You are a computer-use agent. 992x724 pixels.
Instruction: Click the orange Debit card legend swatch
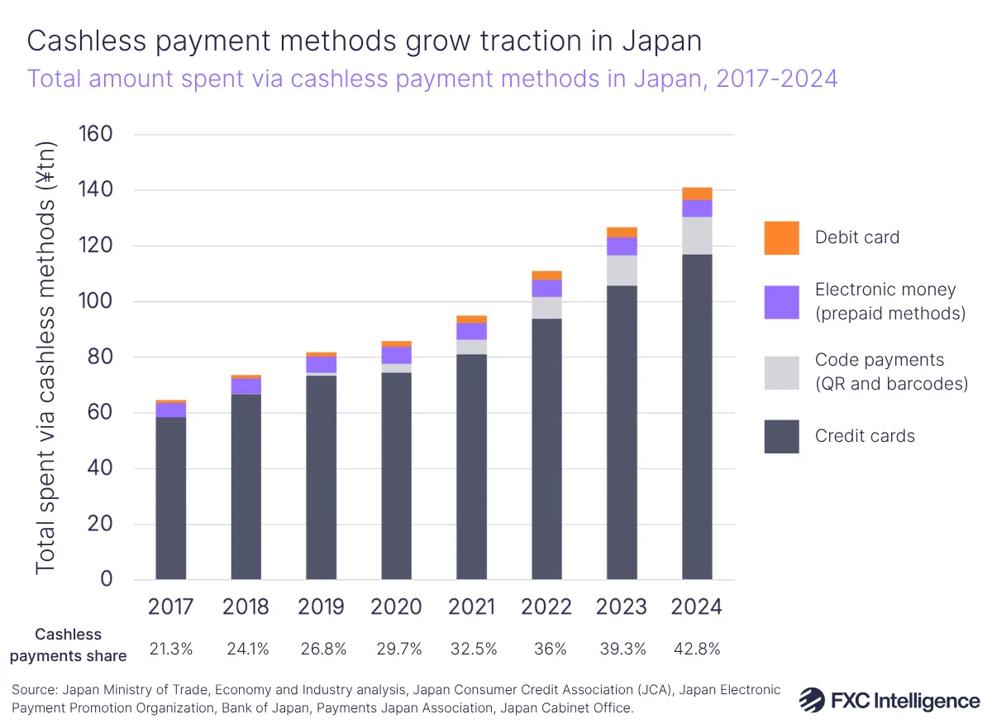781,238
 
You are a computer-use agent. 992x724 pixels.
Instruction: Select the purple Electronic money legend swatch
781,302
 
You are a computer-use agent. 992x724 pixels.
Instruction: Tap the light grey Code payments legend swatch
781,372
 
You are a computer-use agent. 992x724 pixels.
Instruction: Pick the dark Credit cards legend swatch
781,436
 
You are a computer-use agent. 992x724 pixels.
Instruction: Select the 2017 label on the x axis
170,607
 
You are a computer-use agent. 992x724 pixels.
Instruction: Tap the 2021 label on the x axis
471,607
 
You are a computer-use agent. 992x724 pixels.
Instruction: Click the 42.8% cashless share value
697,650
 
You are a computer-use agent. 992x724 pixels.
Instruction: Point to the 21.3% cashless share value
170,650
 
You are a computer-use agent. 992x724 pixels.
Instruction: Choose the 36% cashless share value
546,650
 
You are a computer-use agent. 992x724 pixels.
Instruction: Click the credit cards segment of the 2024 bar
697,414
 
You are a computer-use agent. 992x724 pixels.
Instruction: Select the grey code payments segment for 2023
622,271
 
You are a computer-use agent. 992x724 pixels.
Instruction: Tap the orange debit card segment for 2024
697,194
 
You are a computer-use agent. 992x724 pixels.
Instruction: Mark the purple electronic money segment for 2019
321,365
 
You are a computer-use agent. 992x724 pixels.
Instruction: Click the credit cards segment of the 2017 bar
170,496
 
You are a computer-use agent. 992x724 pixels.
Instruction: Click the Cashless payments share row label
80,645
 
